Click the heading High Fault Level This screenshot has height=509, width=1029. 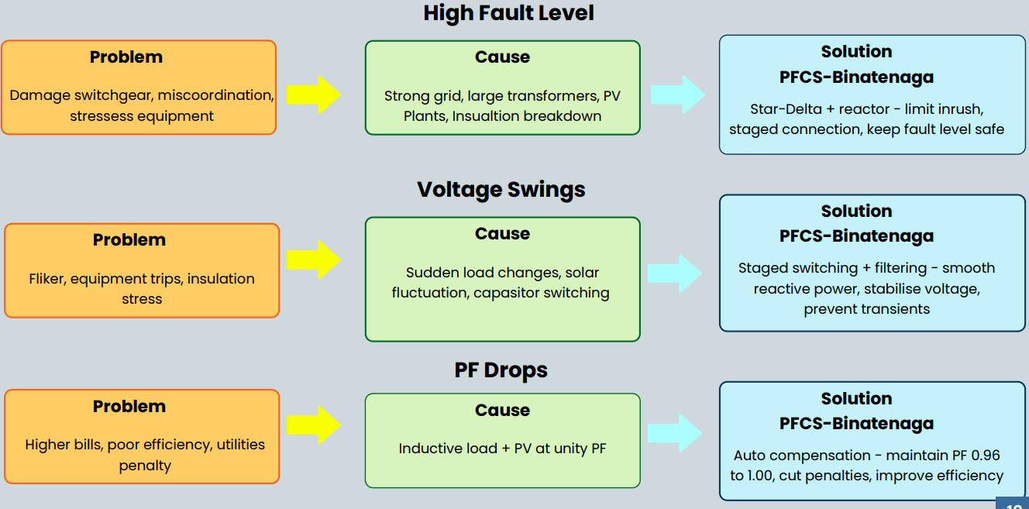pos(508,13)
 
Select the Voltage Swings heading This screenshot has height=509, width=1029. pos(501,190)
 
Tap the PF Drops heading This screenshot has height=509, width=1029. pos(501,370)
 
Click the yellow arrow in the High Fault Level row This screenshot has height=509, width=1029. pos(313,95)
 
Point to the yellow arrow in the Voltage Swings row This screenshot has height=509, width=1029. pos(313,260)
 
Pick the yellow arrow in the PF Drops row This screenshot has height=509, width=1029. pos(313,425)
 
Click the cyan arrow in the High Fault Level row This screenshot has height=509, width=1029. pos(677,95)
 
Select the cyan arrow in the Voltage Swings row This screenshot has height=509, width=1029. pos(675,273)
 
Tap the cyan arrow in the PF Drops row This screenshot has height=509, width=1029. pos(675,432)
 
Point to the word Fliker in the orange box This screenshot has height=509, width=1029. pos(47,279)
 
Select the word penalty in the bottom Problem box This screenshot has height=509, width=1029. pos(145,466)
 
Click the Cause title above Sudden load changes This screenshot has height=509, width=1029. pos(502,234)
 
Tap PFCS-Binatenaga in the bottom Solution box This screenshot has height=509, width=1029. pos(856,424)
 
